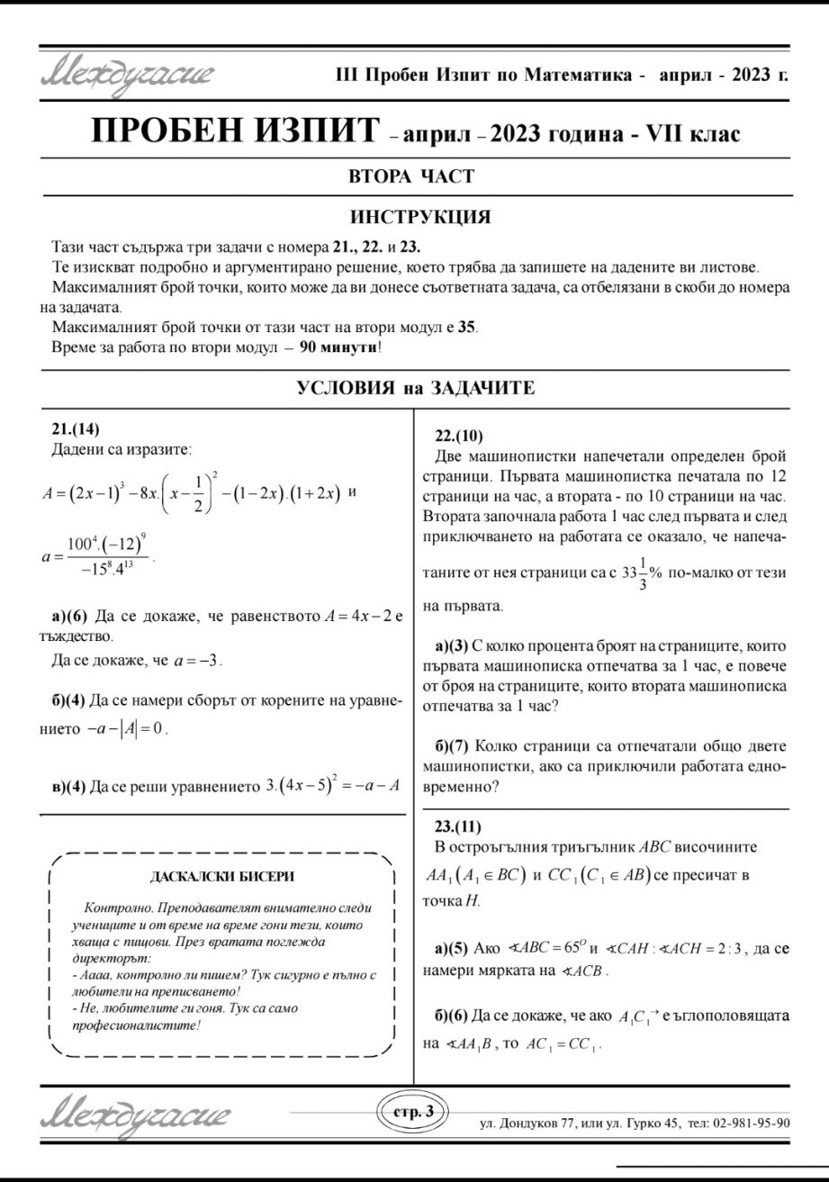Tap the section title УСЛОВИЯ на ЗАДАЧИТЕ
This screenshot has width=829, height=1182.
click(416, 388)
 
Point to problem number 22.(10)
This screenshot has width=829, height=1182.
click(459, 436)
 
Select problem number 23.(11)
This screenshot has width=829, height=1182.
click(458, 826)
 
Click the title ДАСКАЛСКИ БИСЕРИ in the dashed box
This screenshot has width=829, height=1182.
click(221, 875)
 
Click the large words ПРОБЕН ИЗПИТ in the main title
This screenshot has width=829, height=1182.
click(235, 131)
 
